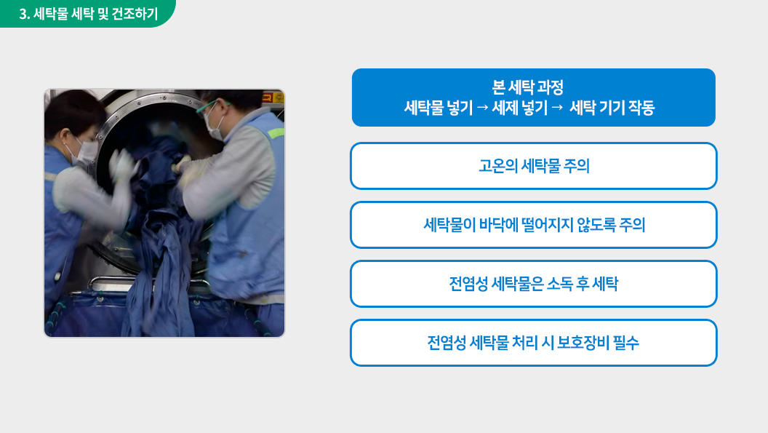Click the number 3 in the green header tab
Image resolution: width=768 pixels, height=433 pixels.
(x=23, y=14)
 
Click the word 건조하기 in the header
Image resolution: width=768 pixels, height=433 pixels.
(x=135, y=14)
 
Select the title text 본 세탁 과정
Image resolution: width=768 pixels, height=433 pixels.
(x=527, y=87)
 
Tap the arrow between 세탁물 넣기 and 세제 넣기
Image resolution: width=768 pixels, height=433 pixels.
(x=482, y=108)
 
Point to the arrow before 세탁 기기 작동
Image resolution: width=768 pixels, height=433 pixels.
(x=557, y=108)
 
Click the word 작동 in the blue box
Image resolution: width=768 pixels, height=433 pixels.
(x=641, y=108)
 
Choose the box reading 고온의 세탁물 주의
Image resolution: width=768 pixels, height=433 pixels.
(x=533, y=166)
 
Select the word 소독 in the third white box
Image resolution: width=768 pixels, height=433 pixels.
(x=559, y=283)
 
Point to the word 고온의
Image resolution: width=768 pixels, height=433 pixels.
(x=497, y=166)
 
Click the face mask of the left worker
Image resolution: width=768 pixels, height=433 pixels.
(x=84, y=152)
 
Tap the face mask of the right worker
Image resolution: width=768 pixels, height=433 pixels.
(x=214, y=126)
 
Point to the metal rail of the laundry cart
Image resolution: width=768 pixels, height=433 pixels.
(x=147, y=282)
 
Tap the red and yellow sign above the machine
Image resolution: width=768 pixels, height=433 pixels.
(x=273, y=97)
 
